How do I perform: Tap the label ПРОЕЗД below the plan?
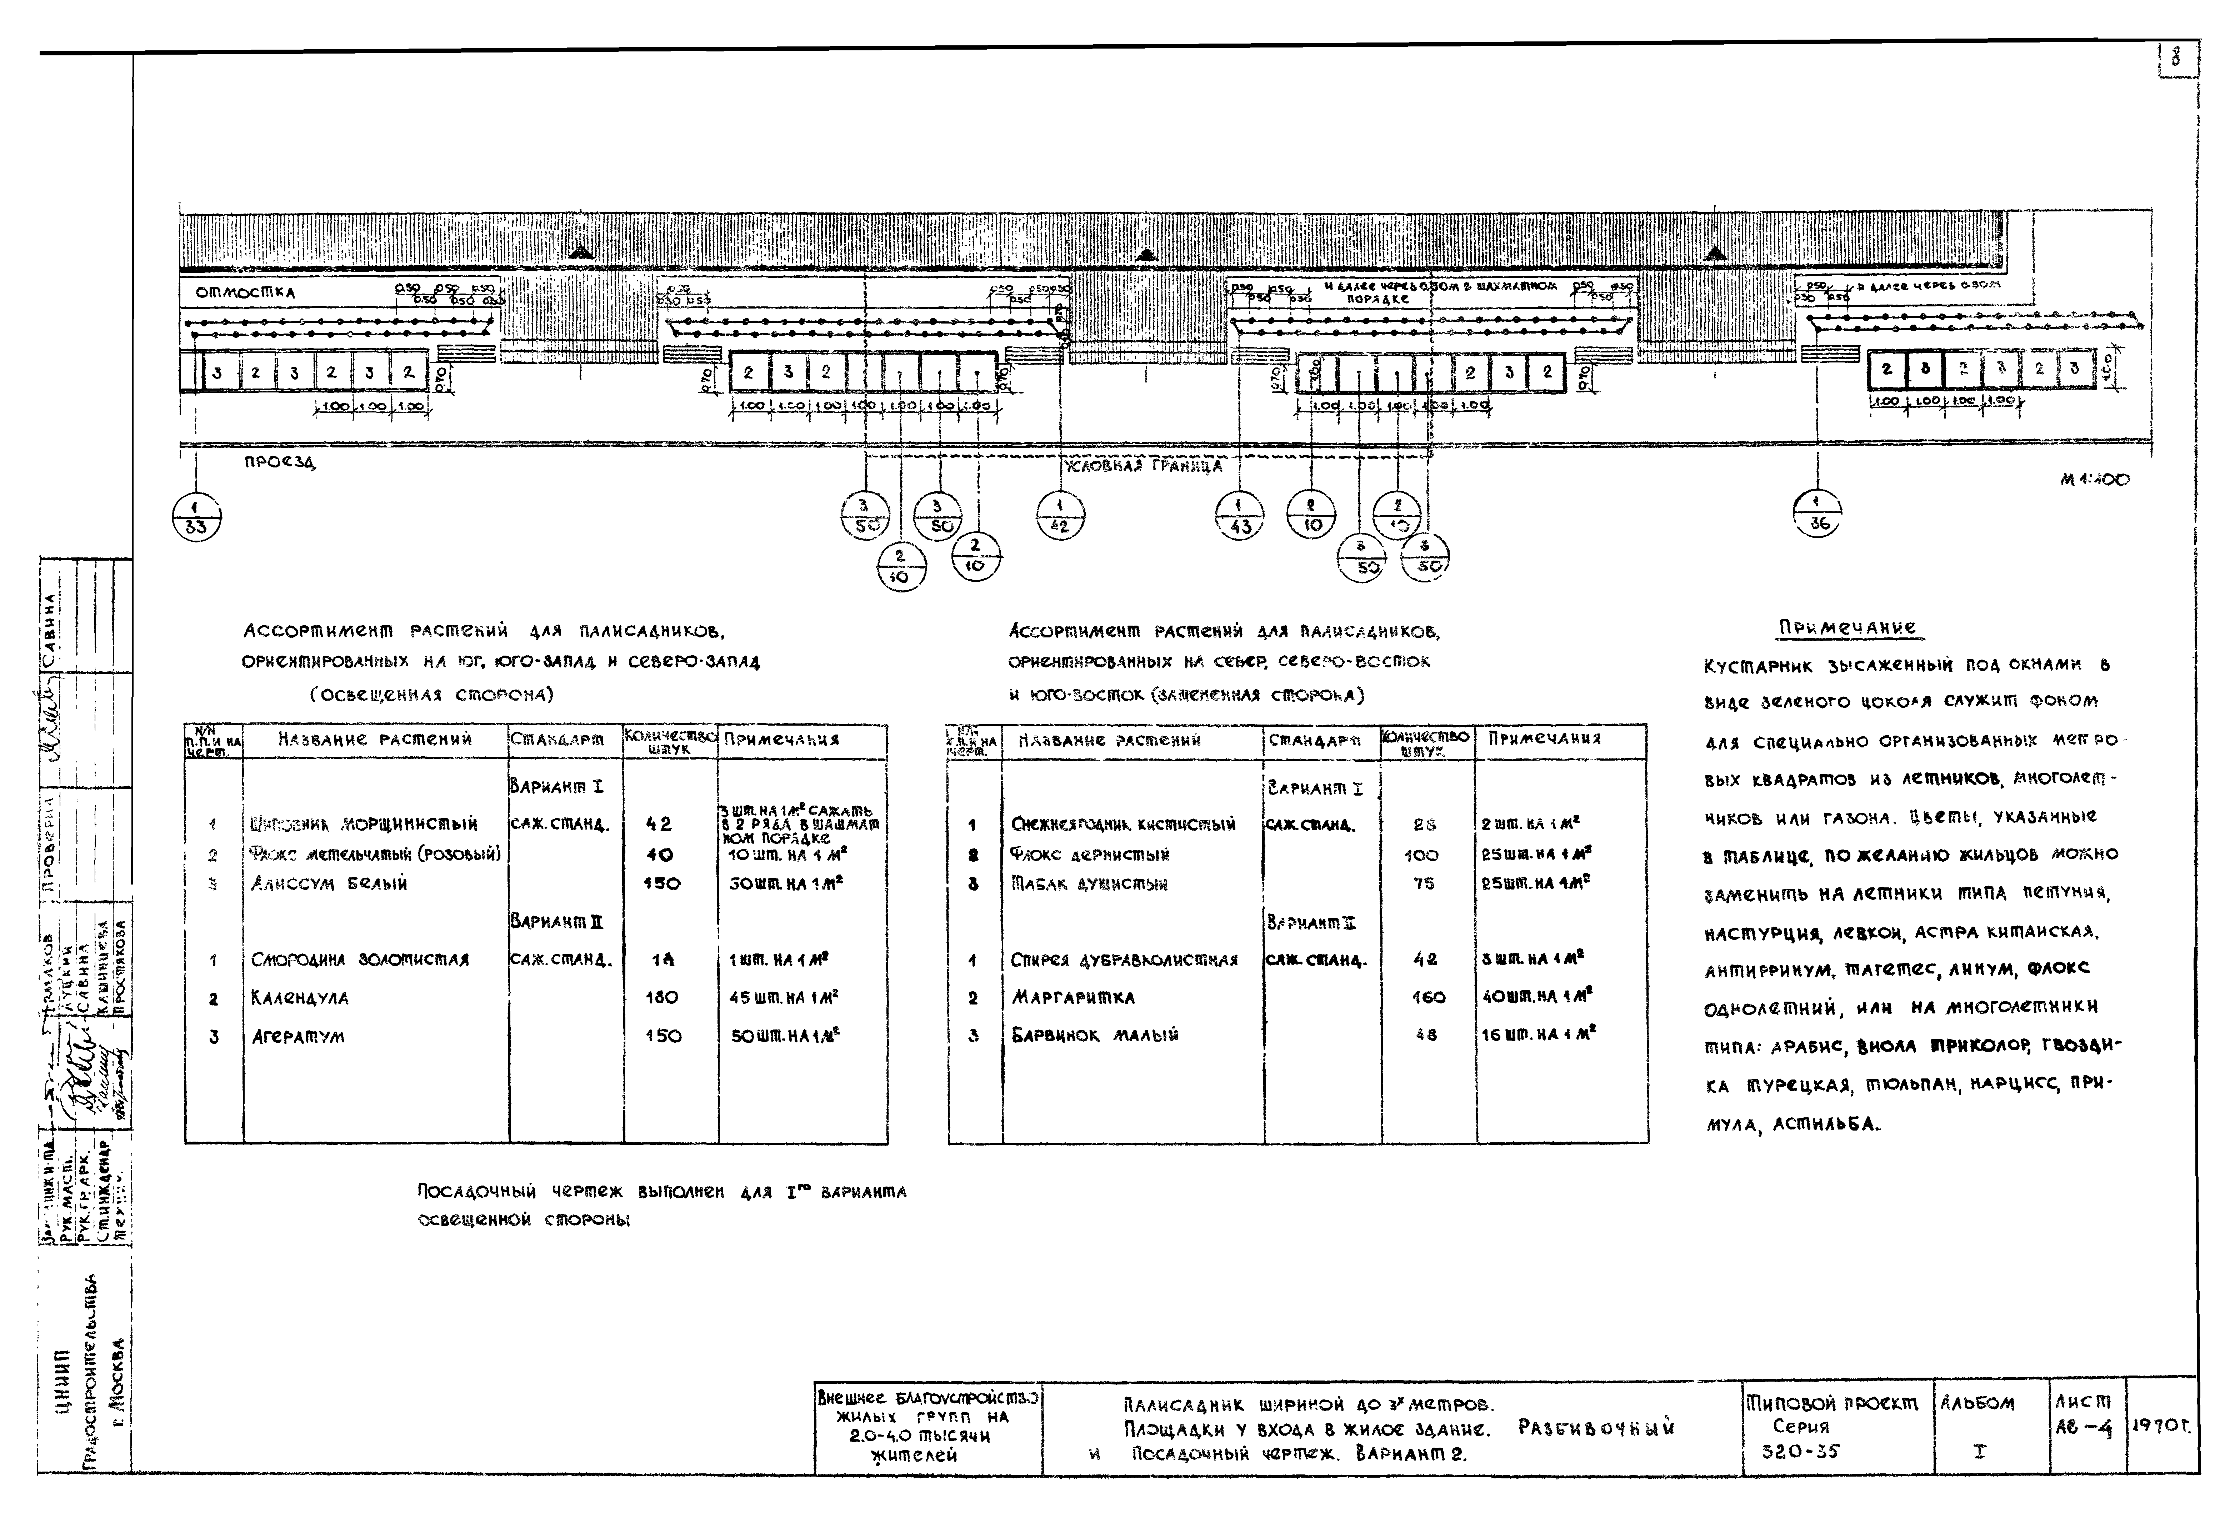(280, 463)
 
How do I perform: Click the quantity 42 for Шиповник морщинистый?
(659, 824)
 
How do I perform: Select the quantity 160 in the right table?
(1427, 998)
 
